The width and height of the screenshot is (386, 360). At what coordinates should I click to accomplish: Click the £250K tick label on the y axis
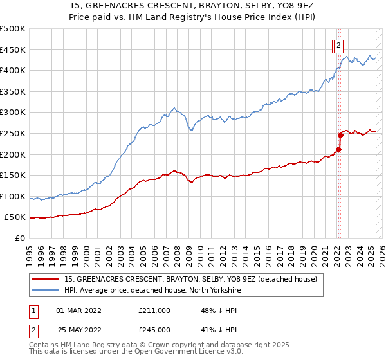(x=13, y=133)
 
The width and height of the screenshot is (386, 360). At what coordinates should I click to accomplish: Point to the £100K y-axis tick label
(x=13, y=196)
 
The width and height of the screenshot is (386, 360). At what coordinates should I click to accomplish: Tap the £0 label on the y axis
(x=20, y=239)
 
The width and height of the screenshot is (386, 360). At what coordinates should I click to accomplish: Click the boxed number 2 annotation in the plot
(x=338, y=45)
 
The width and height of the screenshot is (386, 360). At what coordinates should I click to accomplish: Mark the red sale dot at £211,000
(x=338, y=150)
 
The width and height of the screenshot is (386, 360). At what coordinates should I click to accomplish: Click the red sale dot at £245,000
(x=341, y=135)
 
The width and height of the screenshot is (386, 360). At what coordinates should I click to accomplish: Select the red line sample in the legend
(x=46, y=280)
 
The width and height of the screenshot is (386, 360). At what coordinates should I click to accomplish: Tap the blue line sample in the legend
(x=46, y=291)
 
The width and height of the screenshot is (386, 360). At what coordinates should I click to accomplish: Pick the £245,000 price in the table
(x=154, y=330)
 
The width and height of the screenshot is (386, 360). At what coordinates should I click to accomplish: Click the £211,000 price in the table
(x=154, y=310)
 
